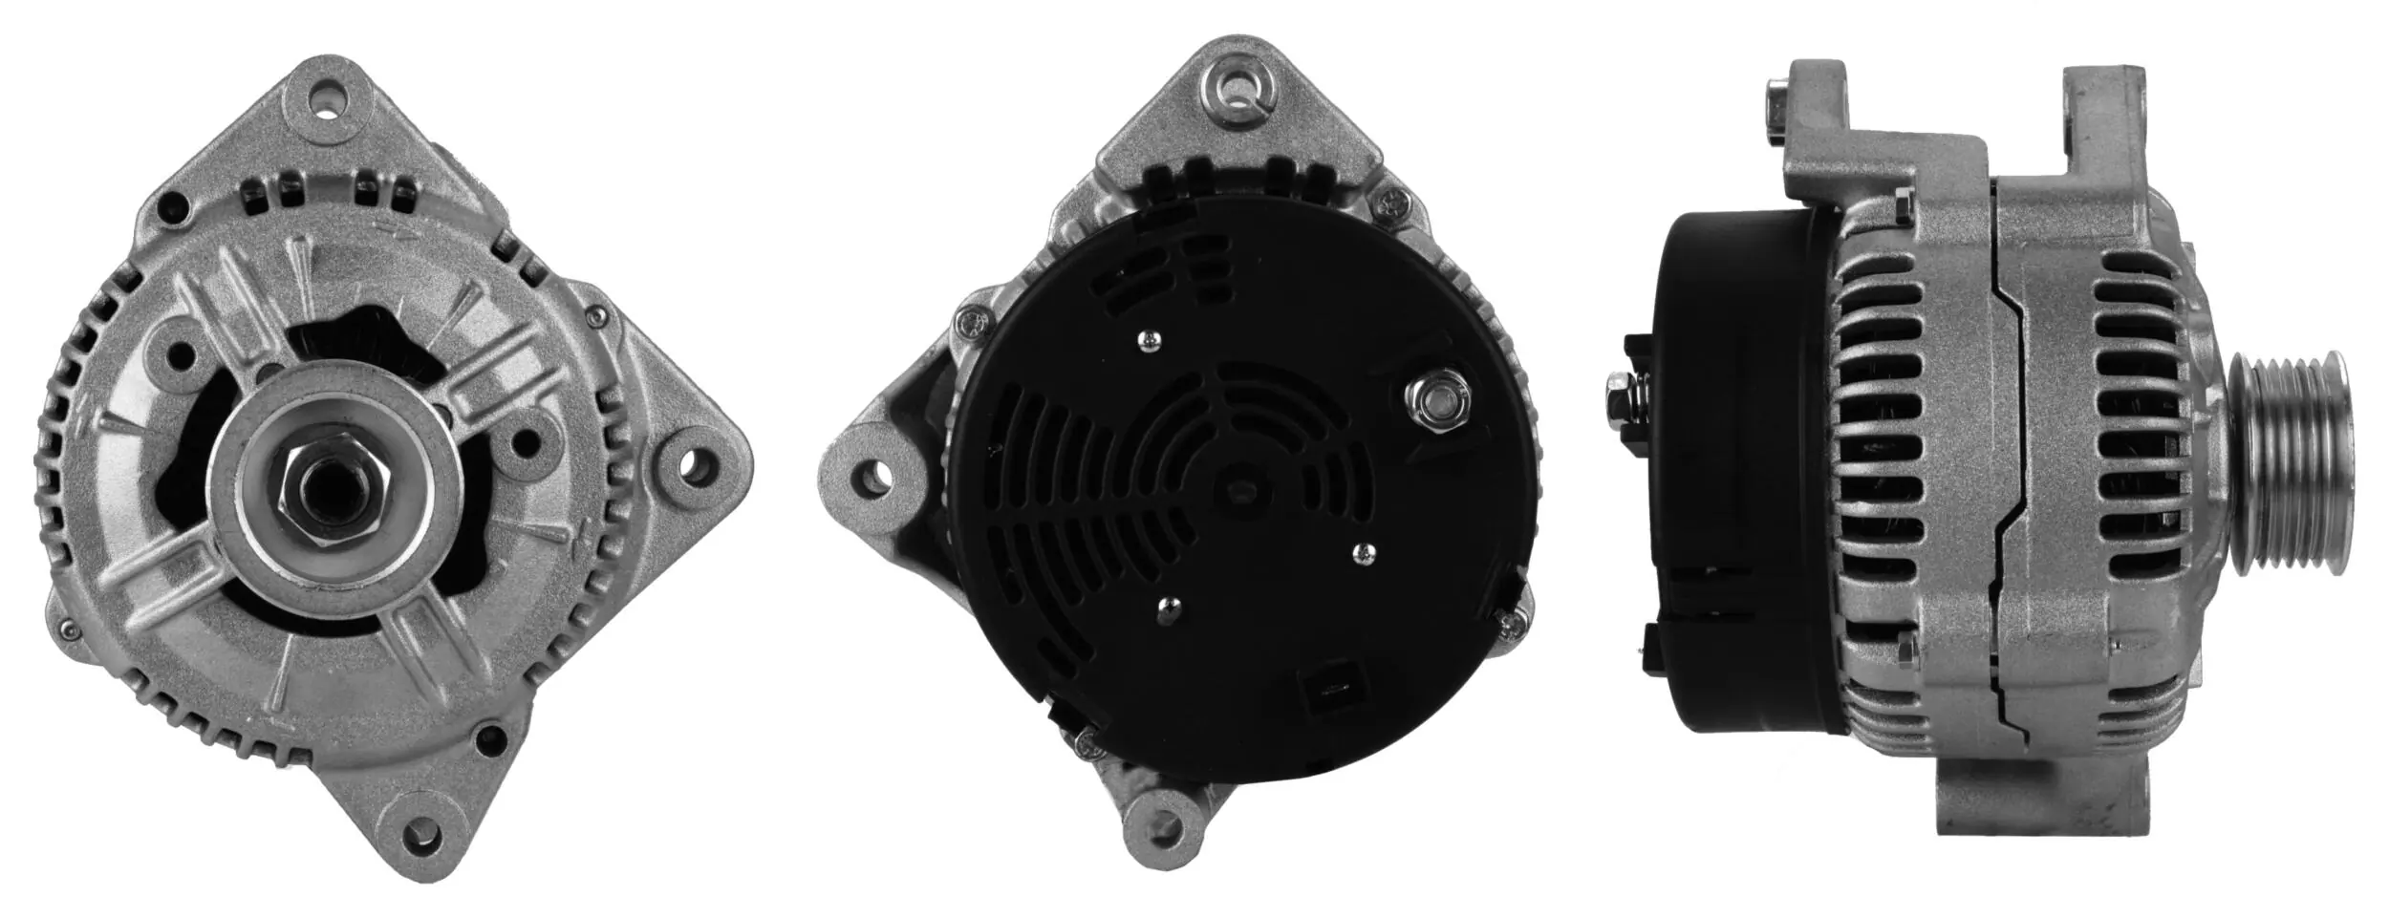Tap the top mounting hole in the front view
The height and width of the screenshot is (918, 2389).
[x=328, y=97]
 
